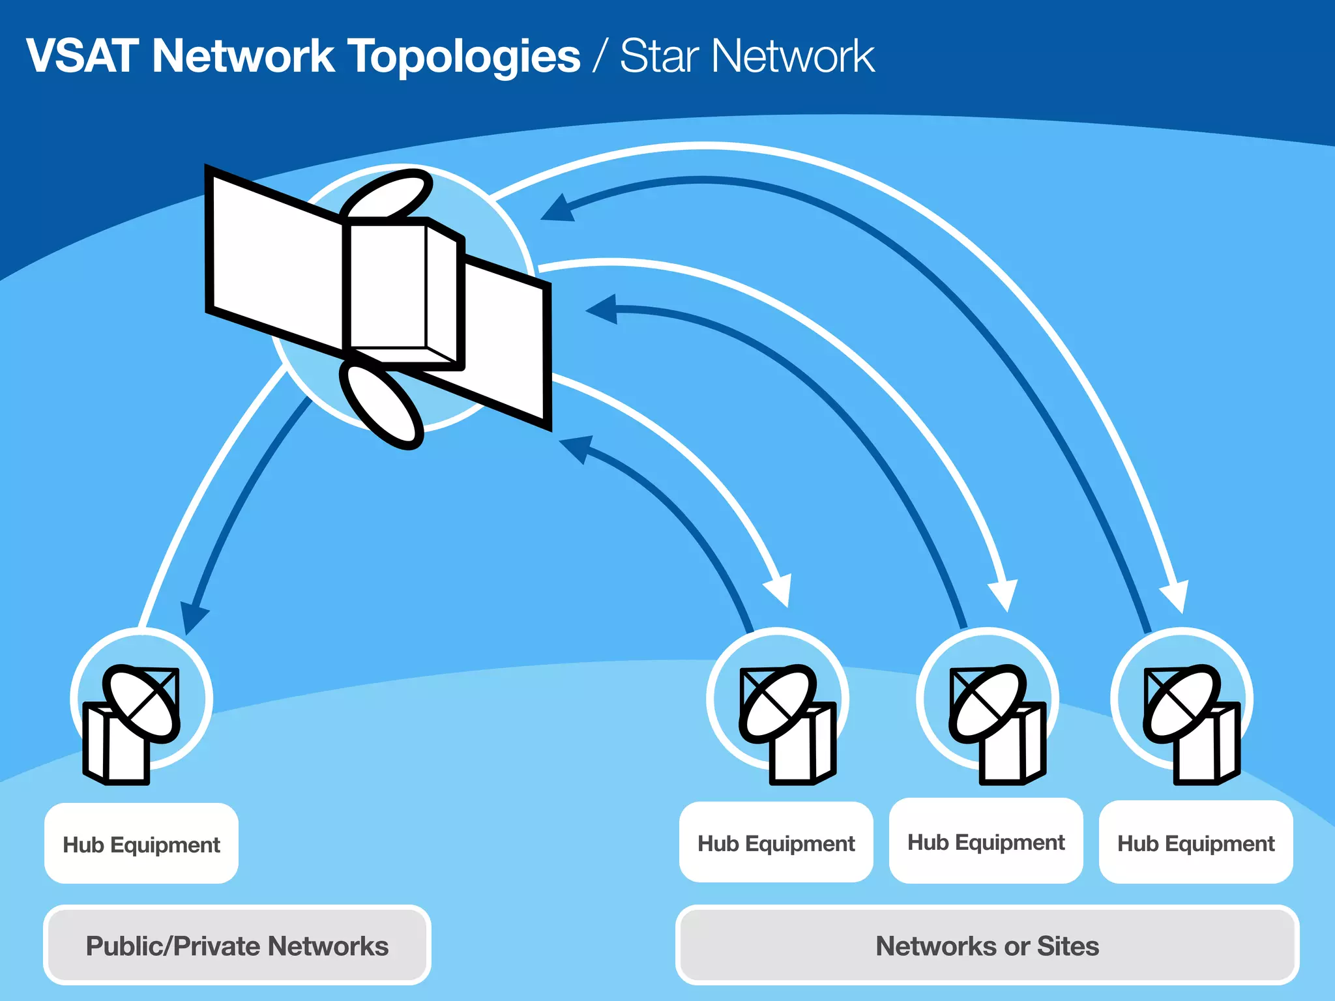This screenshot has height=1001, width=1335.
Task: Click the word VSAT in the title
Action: [81, 56]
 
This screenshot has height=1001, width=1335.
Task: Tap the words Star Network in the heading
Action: [746, 56]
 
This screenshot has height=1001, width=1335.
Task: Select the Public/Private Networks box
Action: [237, 946]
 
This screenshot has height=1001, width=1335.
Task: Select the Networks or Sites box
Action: [987, 946]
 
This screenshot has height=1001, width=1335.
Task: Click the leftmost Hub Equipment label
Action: [141, 845]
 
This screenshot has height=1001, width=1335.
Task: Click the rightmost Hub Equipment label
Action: [1196, 843]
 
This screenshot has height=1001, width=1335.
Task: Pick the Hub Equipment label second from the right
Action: [986, 842]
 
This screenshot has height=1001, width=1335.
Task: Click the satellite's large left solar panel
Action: [274, 261]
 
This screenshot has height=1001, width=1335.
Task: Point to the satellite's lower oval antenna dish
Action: [381, 404]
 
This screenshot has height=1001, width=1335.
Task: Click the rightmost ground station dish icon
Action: [1181, 704]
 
